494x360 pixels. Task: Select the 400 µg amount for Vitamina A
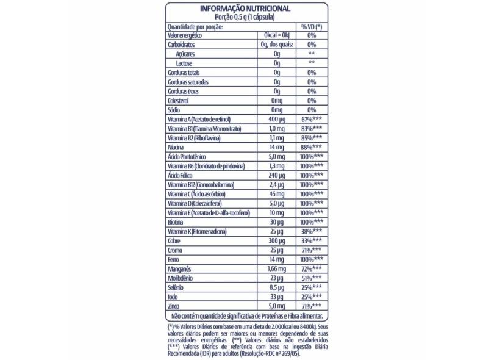[277, 120]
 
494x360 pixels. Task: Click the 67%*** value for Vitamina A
[311, 120]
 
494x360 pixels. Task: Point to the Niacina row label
[177, 147]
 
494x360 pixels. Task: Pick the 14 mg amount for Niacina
[277, 147]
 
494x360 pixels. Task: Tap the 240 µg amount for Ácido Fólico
[277, 175]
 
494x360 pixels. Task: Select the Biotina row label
[176, 221]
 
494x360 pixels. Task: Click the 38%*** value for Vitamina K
[311, 230]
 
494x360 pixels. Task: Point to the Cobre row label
[175, 240]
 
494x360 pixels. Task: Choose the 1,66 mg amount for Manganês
[277, 268]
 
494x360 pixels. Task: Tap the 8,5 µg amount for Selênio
[277, 286]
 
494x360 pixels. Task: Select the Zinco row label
[174, 304]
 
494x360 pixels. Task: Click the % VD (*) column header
[311, 27]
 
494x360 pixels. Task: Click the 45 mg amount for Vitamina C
[277, 193]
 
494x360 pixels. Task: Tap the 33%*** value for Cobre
[311, 240]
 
